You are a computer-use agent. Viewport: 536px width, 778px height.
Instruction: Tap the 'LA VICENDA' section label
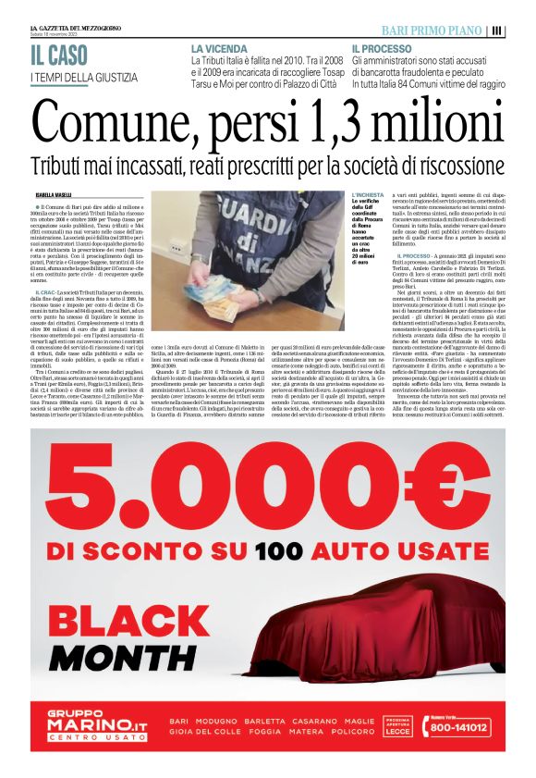click(219, 47)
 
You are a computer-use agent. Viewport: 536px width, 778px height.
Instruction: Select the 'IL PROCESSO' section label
click(382, 47)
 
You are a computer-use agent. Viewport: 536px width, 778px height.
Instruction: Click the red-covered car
click(370, 638)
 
